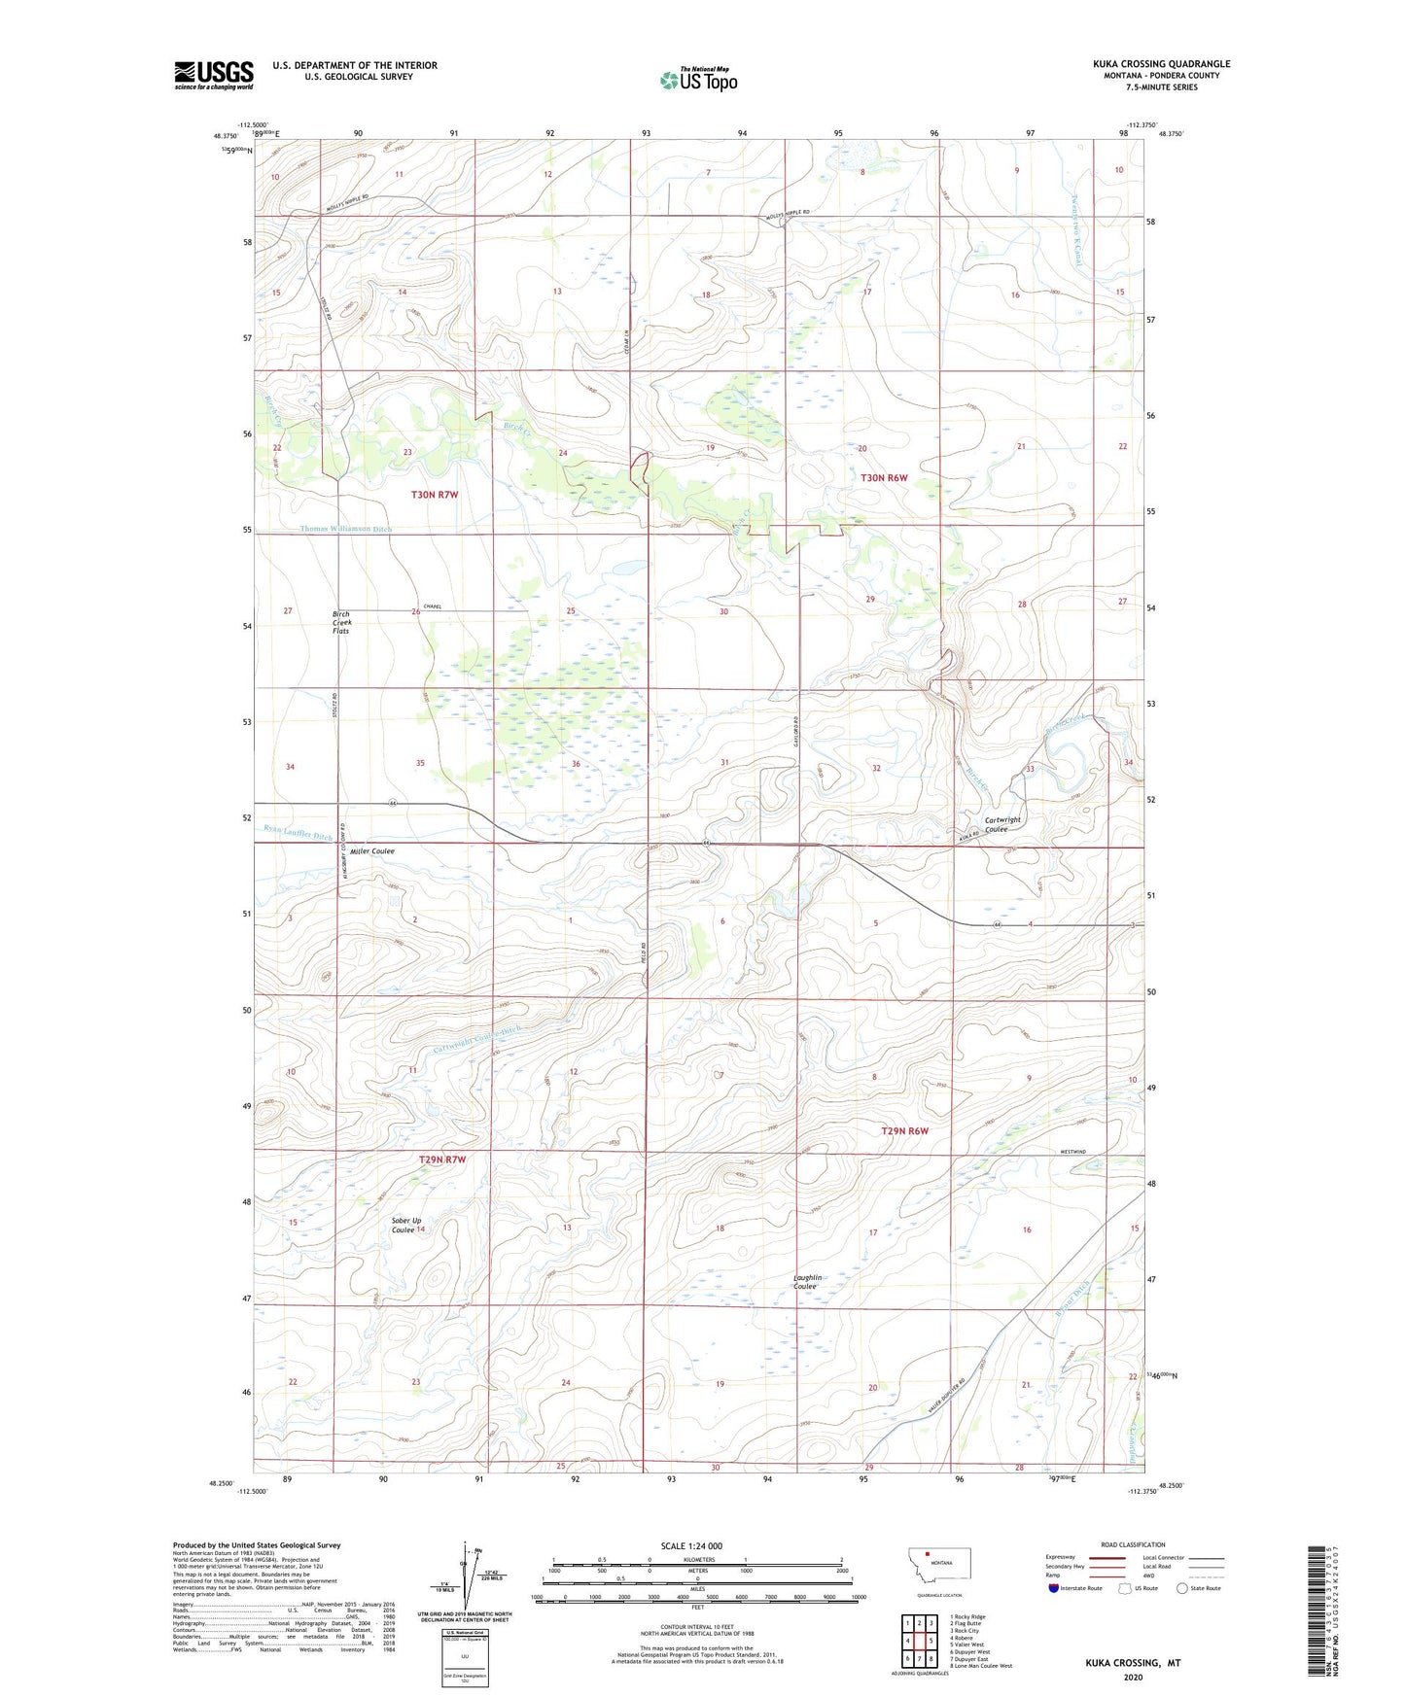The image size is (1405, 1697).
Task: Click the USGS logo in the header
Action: [213, 75]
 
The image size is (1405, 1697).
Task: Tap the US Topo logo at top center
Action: [698, 80]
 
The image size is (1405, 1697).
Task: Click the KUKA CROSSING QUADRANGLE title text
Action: [1161, 64]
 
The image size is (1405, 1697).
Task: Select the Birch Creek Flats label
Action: [340, 622]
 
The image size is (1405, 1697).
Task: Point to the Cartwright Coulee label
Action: [1002, 824]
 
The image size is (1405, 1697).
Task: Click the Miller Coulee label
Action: [367, 850]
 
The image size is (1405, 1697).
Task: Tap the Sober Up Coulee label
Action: [405, 1225]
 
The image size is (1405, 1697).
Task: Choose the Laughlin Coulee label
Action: [807, 1282]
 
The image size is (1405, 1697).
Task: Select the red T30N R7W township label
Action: [434, 495]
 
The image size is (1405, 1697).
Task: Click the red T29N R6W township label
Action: [904, 1130]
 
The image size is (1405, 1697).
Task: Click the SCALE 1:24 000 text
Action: [691, 1545]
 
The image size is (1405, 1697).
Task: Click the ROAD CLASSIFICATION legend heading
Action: [1133, 1544]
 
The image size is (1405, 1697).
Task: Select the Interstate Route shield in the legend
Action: [1054, 1589]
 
